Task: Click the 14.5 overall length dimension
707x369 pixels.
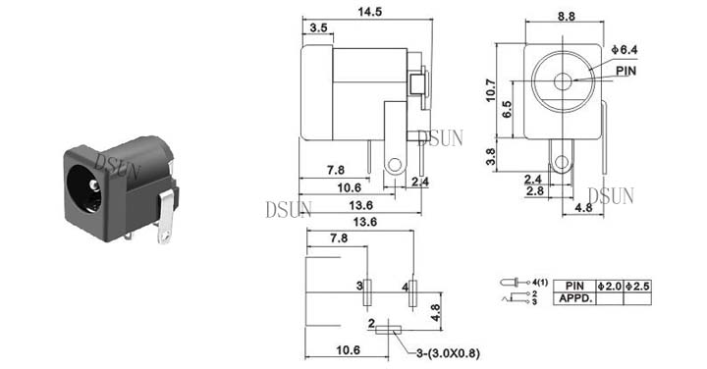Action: click(370, 11)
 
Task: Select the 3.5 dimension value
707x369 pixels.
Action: click(318, 27)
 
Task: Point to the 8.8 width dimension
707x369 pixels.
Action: click(567, 17)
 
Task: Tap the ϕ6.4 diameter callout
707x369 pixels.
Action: click(625, 50)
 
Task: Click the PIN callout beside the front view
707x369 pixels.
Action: click(625, 71)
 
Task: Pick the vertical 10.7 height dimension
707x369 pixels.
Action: click(491, 90)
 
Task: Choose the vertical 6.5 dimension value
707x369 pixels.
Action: click(507, 109)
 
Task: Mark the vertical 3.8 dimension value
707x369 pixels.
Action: click(491, 157)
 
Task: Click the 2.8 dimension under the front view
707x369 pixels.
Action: click(535, 191)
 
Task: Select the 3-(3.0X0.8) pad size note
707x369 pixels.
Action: click(448, 353)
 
